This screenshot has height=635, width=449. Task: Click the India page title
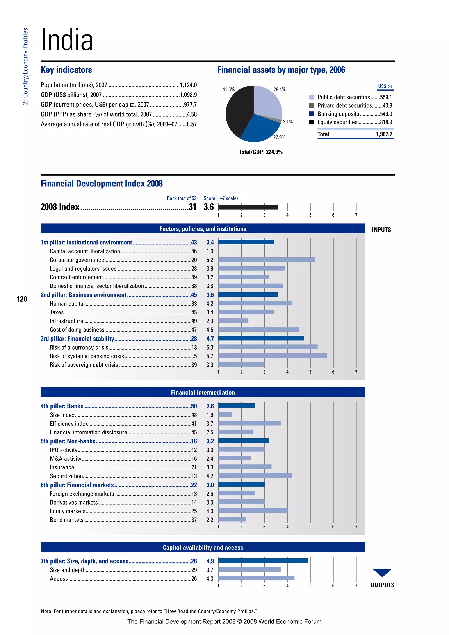coord(67,40)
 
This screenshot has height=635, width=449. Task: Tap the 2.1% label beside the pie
coord(288,122)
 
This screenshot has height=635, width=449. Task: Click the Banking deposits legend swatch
coord(312,114)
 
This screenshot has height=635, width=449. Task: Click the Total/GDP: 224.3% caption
coord(260,152)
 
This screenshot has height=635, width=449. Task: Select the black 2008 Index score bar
coord(248,207)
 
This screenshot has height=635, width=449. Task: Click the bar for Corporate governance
coord(267,260)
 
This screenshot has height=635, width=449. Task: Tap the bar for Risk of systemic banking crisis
coord(272,356)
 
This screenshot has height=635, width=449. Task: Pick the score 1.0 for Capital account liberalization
coord(210,251)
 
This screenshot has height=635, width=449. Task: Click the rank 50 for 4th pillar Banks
coord(194,406)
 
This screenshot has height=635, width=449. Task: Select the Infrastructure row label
coord(66,321)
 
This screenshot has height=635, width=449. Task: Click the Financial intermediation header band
coord(203,392)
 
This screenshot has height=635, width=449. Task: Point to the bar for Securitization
coord(255,476)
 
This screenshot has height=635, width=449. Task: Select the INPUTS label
coord(381,230)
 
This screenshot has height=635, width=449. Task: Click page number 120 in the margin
coord(21,299)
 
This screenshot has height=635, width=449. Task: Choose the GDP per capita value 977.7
coord(190,105)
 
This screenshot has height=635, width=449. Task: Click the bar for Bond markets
coord(232,519)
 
